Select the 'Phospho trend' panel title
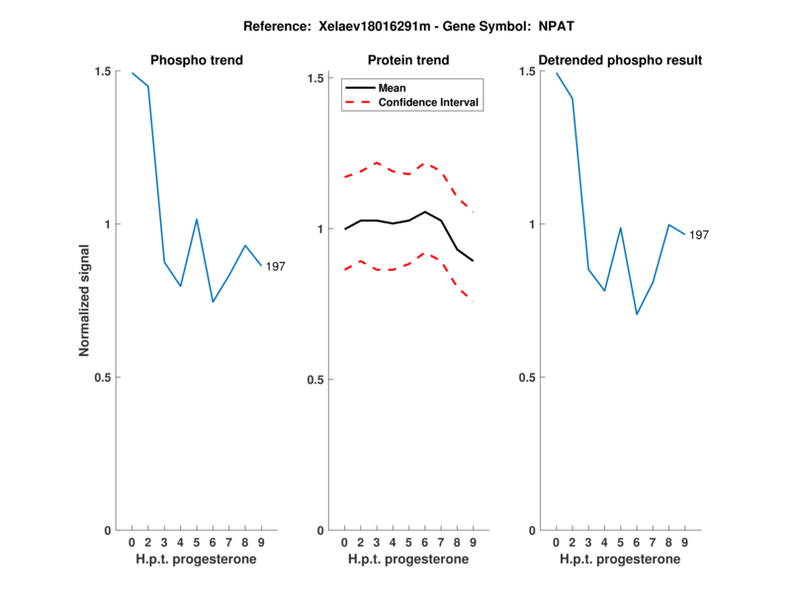coord(197,60)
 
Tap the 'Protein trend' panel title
coord(408,60)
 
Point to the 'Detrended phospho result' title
coord(620,60)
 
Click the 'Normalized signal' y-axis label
coord(85,301)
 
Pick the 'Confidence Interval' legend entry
coord(429,102)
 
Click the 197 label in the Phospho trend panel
coord(276,266)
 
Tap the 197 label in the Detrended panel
coord(699,235)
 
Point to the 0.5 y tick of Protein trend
coord(317,380)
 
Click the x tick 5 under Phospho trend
coord(197,543)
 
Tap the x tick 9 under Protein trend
coord(474,543)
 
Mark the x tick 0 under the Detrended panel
coord(556,543)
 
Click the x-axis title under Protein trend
coord(408,560)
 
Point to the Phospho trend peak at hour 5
coord(197,219)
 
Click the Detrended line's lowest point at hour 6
coord(637,314)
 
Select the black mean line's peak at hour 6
coord(425,212)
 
